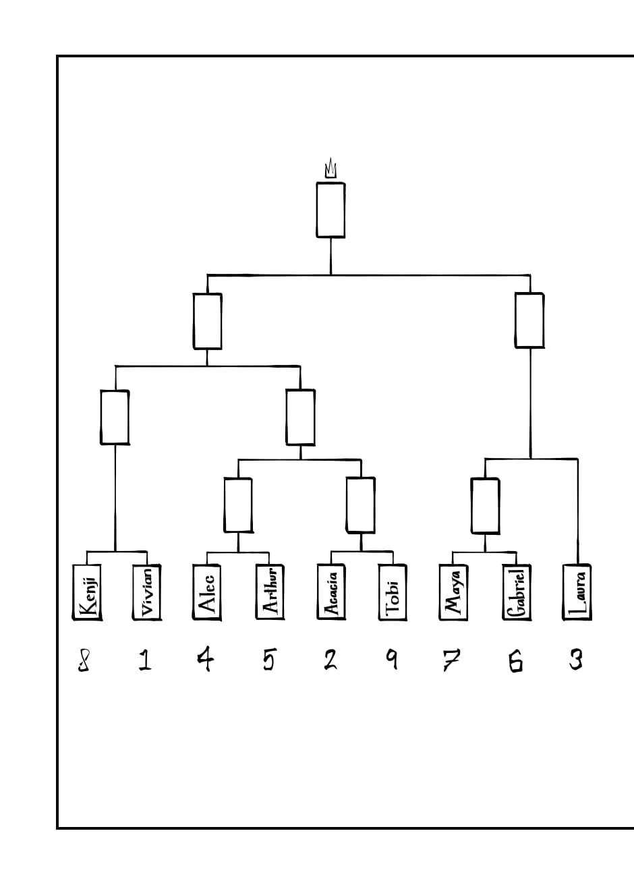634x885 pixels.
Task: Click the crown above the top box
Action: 330,168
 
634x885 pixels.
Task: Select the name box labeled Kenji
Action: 87,592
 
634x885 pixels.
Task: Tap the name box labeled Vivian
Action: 146,592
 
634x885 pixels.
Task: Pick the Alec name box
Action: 207,592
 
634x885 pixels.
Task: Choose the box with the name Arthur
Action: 268,592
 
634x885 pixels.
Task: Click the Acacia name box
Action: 330,592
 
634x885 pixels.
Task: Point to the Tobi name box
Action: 393,592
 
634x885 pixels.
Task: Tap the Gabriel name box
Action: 516,592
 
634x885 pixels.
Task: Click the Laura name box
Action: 577,592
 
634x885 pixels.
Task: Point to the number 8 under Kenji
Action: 84,660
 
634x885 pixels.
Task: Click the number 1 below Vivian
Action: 144,659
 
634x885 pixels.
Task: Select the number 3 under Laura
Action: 575,659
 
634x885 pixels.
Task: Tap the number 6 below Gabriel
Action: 515,660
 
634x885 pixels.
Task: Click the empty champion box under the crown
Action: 330,210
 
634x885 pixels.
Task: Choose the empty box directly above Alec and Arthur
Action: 238,505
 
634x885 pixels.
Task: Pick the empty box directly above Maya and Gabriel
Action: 486,506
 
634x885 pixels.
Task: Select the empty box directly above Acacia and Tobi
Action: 361,505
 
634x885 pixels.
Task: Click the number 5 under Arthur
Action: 268,659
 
